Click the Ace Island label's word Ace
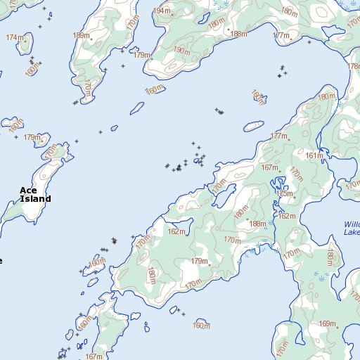tap(27, 190)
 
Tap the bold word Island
tap(35, 199)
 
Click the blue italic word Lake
tap(352, 232)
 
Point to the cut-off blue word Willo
tap(352, 224)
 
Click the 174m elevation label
tap(13, 37)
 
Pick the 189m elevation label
tap(81, 35)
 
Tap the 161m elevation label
tap(314, 155)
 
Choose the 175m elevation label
tap(285, 193)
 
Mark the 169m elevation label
tap(327, 323)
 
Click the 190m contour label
tap(181, 51)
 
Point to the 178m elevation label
tap(353, 65)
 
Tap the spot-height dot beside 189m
tap(91, 37)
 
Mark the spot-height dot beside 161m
tap(324, 155)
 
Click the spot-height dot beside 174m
tap(25, 40)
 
